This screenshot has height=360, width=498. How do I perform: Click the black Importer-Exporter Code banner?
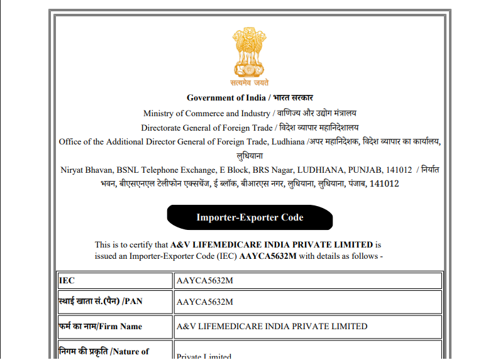point(250,217)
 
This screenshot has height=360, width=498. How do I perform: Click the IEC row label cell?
point(114,280)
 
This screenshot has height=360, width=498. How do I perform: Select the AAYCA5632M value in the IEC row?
point(205,280)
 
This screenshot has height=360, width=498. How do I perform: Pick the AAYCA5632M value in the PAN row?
point(205,302)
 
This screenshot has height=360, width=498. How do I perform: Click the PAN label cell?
point(114,302)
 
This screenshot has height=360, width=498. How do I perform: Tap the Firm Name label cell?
point(114,326)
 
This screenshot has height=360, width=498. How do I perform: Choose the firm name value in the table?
point(272,326)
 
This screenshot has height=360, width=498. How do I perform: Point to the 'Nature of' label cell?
point(114,351)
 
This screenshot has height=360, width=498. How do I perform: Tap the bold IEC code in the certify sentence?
point(267,256)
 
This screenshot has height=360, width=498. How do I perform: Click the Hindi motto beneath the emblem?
point(250,82)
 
